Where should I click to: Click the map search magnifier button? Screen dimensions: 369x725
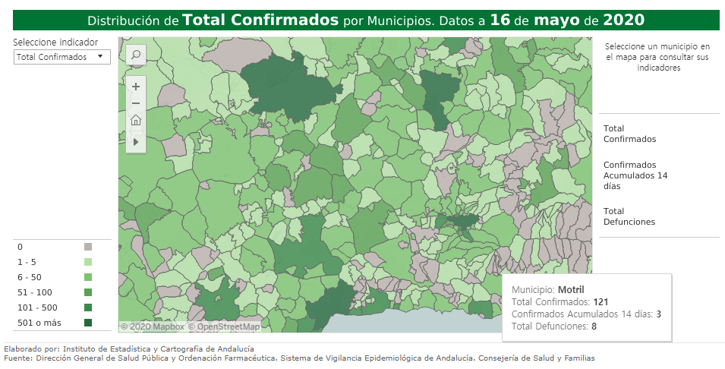(136, 55)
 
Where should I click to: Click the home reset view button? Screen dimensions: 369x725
(136, 120)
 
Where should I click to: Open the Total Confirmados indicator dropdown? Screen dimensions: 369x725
(62, 57)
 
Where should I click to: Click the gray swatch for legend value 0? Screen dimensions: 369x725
(88, 247)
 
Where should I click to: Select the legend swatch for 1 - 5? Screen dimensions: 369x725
(88, 262)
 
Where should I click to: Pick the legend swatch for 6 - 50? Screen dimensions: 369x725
(88, 277)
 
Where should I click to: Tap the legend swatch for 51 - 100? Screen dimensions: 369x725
(88, 292)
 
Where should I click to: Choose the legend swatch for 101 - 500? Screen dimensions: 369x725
(88, 307)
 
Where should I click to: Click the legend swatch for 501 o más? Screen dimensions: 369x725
(88, 323)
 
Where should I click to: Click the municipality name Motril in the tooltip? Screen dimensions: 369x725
(571, 290)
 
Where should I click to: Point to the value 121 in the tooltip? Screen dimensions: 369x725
(601, 302)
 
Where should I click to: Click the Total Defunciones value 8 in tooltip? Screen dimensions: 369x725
(594, 326)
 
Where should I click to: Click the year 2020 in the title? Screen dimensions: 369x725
(623, 20)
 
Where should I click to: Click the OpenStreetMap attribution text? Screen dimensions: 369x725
(224, 326)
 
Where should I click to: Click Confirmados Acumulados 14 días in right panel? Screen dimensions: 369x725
(635, 175)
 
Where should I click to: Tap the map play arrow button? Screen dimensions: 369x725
(136, 141)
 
